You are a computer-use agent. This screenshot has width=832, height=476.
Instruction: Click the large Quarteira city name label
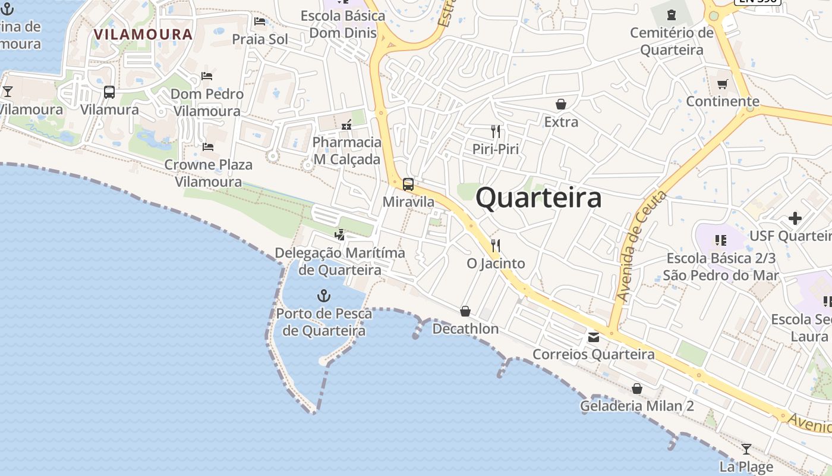click(x=538, y=198)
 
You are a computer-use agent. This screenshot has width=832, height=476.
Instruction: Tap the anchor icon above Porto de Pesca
click(x=324, y=295)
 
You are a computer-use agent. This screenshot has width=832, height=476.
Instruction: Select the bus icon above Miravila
click(x=408, y=184)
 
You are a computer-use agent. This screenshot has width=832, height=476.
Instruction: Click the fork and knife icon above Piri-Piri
click(x=496, y=131)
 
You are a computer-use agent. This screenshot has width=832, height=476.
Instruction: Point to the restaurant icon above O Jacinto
click(x=496, y=245)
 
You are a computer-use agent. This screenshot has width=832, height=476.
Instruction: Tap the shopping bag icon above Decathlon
click(x=465, y=311)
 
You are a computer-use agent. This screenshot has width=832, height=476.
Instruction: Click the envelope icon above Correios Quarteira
click(x=593, y=337)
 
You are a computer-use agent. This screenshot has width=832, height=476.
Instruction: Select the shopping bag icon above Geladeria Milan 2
click(x=637, y=389)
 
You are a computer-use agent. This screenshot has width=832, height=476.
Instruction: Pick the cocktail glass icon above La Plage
click(x=746, y=449)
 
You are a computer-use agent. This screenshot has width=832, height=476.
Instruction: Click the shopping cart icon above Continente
click(x=723, y=84)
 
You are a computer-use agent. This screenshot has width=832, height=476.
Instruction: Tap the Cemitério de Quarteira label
click(x=672, y=41)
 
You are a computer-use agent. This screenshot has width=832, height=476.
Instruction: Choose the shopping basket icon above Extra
click(x=560, y=104)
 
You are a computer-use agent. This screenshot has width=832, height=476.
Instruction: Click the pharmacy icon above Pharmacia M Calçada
click(x=346, y=125)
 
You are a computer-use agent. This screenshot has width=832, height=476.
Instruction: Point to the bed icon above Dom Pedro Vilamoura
click(x=207, y=76)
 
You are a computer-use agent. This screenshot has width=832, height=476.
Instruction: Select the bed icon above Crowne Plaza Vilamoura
click(x=208, y=146)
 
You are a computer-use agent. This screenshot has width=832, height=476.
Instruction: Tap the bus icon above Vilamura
click(x=109, y=92)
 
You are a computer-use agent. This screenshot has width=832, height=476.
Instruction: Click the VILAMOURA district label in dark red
click(x=143, y=34)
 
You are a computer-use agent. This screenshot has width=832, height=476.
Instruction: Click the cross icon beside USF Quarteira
click(x=795, y=218)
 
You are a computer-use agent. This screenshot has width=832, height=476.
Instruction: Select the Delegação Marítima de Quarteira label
click(x=340, y=261)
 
